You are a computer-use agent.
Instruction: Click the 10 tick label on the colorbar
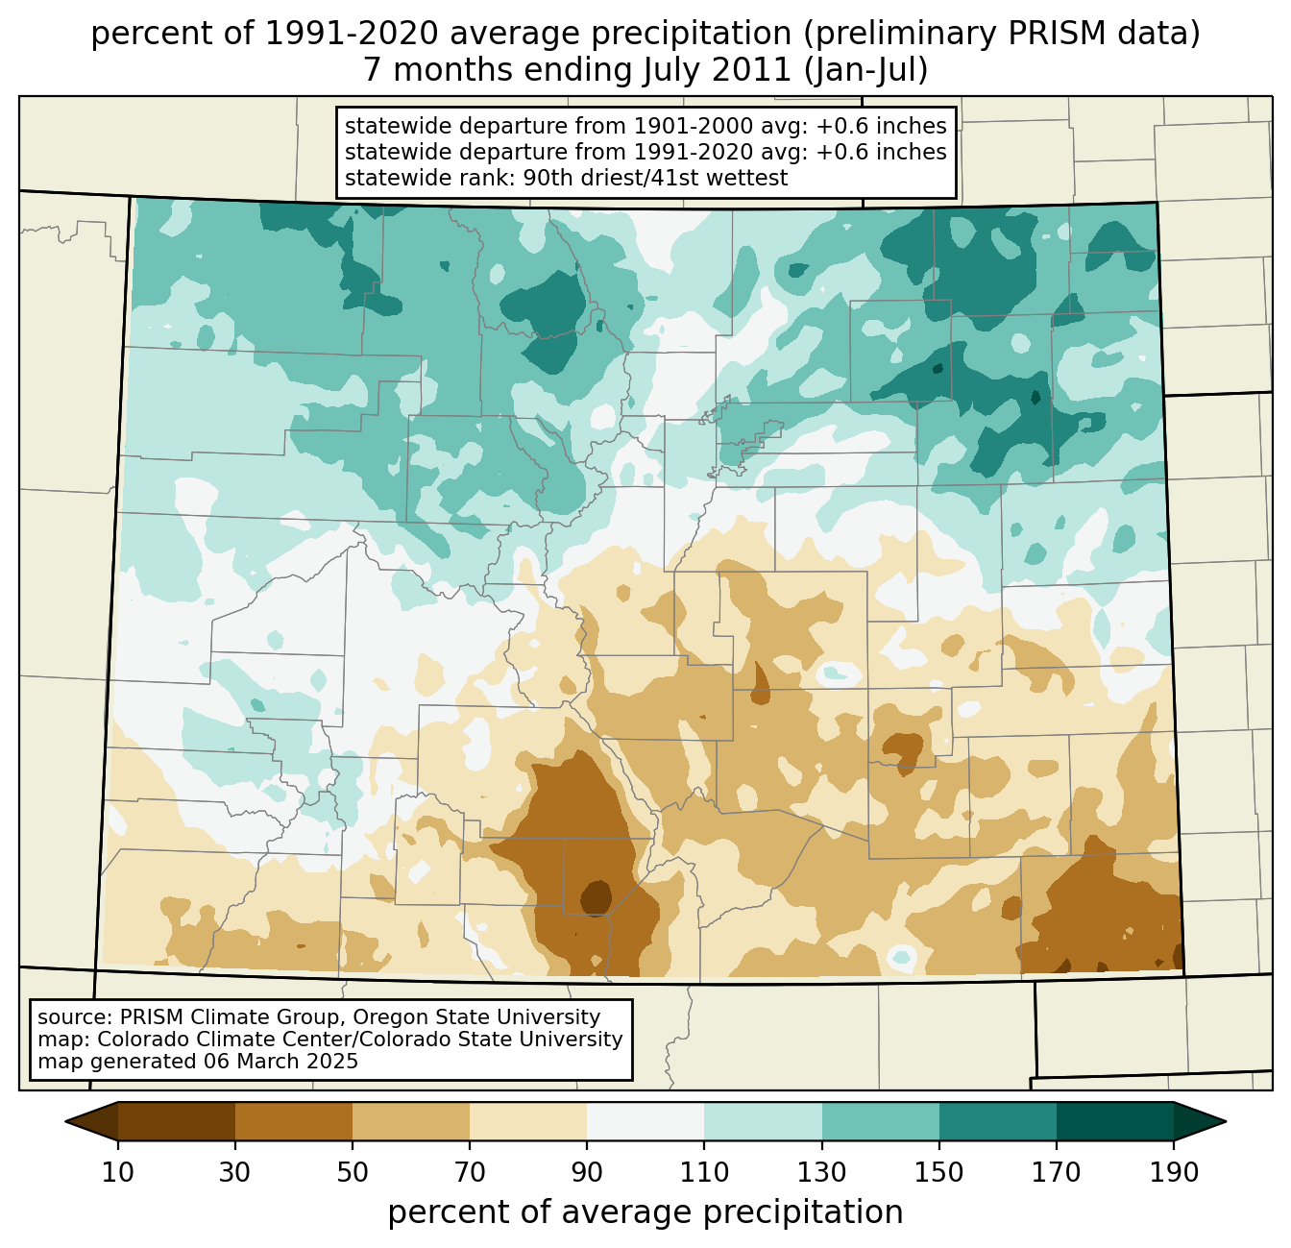(118, 1173)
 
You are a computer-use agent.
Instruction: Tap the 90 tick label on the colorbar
(587, 1173)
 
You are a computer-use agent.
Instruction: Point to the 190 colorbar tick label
(1174, 1173)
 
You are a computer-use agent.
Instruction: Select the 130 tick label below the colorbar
(822, 1173)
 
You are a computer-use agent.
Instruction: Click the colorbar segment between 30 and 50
(294, 1121)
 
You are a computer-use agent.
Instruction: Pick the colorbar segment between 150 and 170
(998, 1121)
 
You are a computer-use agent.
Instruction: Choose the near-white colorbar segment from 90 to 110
(645, 1121)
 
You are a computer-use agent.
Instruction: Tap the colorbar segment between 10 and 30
(177, 1121)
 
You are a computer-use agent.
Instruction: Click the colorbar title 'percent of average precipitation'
(645, 1212)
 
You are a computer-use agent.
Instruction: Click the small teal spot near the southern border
(901, 956)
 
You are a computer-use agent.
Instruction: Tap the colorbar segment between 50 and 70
(411, 1121)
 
